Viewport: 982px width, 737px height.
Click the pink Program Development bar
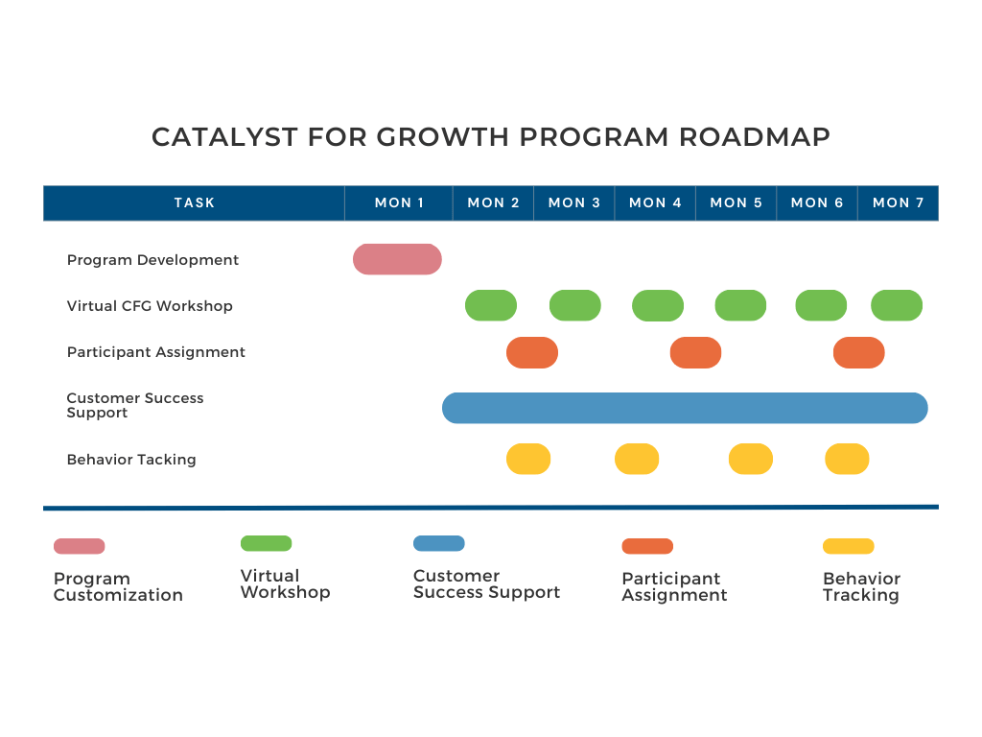pyautogui.click(x=397, y=259)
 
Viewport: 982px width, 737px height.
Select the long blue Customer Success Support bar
pyautogui.click(x=685, y=408)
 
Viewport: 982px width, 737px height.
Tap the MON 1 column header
pyautogui.click(x=399, y=202)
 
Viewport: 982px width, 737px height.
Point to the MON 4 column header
pyautogui.click(x=655, y=202)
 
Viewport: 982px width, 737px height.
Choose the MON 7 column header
pyautogui.click(x=899, y=202)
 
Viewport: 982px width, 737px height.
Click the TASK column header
pyautogui.click(x=195, y=202)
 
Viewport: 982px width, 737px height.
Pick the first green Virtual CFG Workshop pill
pyautogui.click(x=491, y=305)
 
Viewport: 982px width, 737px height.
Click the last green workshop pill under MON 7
pyautogui.click(x=897, y=305)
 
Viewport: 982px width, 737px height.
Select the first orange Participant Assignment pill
pyautogui.click(x=532, y=352)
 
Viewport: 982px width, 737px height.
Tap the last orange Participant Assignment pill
pyautogui.click(x=858, y=352)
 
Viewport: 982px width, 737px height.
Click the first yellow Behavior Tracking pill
pyautogui.click(x=528, y=459)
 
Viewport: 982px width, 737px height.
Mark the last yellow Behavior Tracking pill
pyautogui.click(x=847, y=459)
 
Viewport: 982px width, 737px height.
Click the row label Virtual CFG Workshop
pyautogui.click(x=150, y=306)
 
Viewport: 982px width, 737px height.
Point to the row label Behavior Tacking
pyautogui.click(x=131, y=460)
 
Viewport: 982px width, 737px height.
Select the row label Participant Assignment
pyautogui.click(x=156, y=352)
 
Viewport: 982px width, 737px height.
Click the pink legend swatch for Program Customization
pyautogui.click(x=80, y=546)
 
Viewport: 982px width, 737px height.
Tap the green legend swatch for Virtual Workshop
pyautogui.click(x=266, y=543)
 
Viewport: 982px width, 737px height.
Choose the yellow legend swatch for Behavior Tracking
pyautogui.click(x=849, y=546)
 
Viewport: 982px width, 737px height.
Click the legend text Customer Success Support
pyautogui.click(x=486, y=584)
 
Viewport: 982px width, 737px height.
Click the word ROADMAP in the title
pyautogui.click(x=755, y=137)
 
